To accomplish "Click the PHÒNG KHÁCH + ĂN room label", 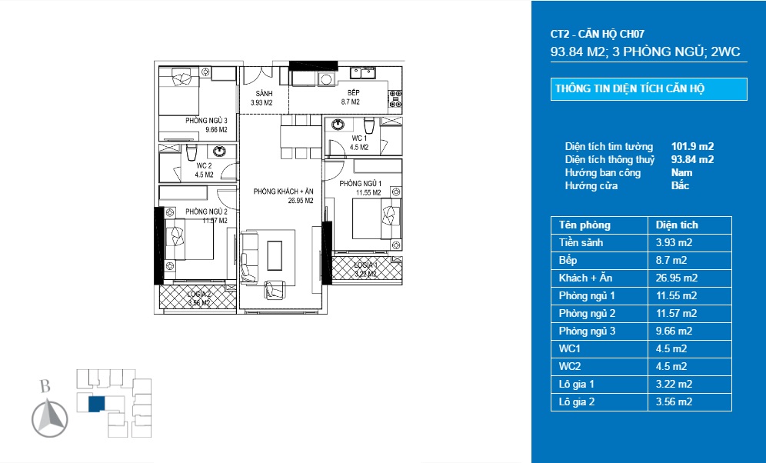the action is [283, 192].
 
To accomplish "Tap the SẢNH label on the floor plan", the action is [264, 93].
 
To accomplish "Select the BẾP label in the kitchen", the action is [354, 93].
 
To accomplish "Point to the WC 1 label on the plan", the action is [360, 138].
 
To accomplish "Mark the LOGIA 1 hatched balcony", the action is [367, 268].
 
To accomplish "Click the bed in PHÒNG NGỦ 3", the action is [178, 91].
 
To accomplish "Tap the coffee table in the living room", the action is [275, 255].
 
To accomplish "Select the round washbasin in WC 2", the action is [219, 151].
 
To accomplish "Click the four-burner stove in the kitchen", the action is [395, 98].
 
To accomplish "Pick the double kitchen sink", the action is [363, 73].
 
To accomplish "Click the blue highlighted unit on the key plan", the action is [96, 404].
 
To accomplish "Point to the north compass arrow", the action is [50, 418].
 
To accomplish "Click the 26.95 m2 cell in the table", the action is [677, 278].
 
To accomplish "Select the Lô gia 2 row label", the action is [577, 402].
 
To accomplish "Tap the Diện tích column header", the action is [677, 225].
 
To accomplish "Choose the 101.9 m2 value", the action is [692, 147].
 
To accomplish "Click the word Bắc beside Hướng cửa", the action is [680, 185].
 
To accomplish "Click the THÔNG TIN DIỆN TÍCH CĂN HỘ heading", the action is [630, 89].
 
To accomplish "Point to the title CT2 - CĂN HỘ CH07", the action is [597, 34].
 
